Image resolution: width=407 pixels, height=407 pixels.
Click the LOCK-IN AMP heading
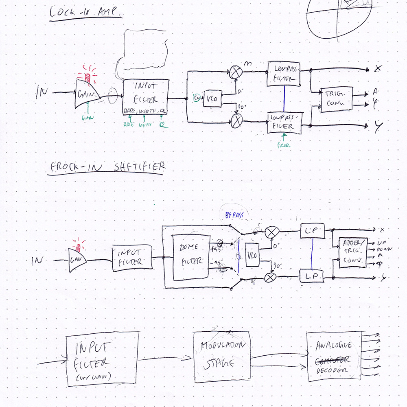(85, 12)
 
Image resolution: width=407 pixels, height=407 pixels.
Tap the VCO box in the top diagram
(212, 98)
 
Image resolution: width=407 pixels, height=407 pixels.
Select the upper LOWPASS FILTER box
(284, 73)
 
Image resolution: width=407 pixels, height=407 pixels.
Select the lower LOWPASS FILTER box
(285, 123)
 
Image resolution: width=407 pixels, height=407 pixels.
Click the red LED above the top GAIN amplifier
(87, 77)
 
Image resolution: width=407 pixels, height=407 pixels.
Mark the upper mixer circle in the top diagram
(235, 72)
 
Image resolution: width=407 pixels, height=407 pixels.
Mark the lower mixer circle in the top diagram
(236, 121)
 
